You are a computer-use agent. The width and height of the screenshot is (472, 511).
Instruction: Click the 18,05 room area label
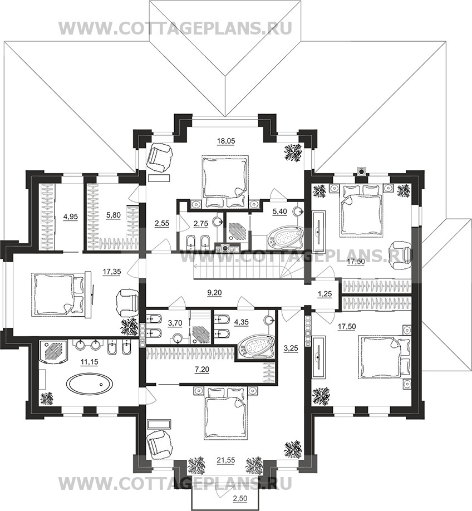(226, 141)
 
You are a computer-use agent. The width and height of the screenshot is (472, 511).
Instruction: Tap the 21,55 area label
(226, 460)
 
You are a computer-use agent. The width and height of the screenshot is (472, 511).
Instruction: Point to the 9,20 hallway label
(214, 293)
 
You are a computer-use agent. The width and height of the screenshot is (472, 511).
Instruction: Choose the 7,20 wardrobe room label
(202, 369)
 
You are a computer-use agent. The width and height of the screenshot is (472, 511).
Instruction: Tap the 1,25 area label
(324, 293)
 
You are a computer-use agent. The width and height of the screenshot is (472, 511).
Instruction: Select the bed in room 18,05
(225, 181)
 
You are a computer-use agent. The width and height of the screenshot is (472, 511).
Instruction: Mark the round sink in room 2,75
(218, 222)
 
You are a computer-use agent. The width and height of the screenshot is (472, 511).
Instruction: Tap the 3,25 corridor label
(291, 348)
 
